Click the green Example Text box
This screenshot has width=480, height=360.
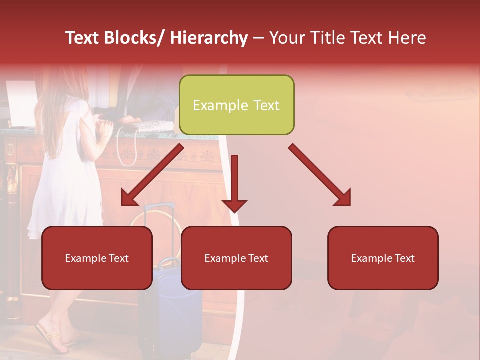click(236, 105)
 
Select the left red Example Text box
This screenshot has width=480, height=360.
click(97, 258)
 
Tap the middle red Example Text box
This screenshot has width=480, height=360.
click(236, 258)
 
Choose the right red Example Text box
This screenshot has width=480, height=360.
click(383, 258)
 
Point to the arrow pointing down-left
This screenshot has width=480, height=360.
click(152, 175)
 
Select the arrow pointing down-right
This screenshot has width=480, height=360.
click(320, 175)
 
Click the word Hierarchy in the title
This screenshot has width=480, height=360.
click(209, 38)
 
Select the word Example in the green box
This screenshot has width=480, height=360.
click(214, 105)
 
